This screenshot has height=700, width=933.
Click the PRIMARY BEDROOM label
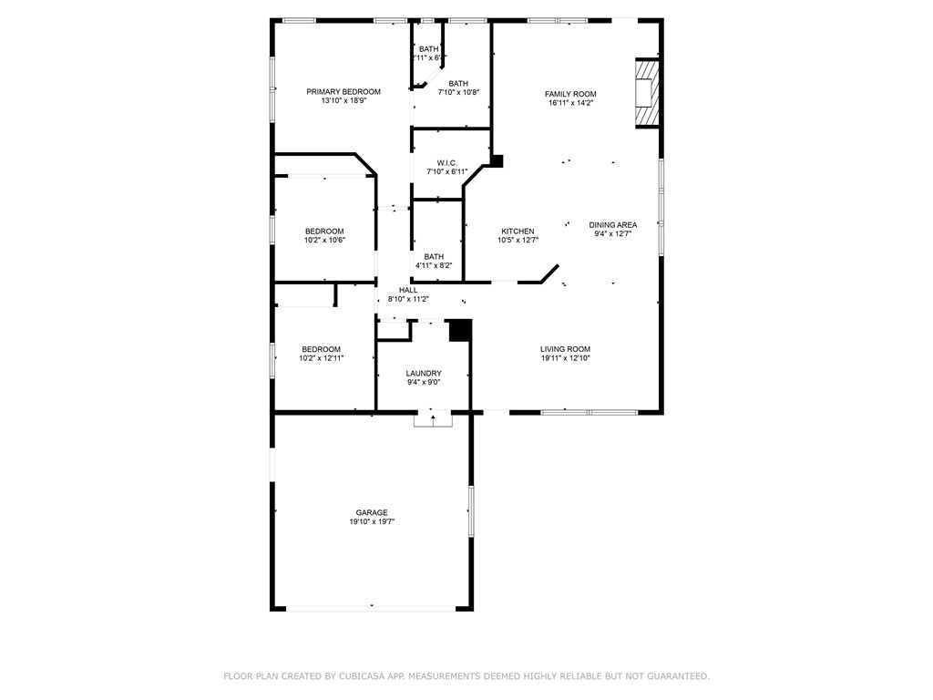point(343,91)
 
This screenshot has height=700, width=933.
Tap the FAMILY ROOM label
point(570,94)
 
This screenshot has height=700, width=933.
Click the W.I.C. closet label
point(446,163)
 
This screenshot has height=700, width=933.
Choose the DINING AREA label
point(612,224)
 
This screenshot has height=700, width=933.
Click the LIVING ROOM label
point(565,349)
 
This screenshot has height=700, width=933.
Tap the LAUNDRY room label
point(424,373)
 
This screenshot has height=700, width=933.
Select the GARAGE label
point(372,512)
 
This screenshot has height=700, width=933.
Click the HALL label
point(408,290)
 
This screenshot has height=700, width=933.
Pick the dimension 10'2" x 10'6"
point(324,240)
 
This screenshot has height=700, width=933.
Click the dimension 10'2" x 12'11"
point(322,358)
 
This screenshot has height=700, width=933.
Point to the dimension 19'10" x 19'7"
point(372,522)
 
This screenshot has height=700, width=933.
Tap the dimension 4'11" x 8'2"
point(434,265)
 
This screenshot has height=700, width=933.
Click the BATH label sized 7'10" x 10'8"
point(458,83)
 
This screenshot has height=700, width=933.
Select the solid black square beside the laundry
point(461,330)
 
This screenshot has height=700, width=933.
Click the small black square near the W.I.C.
point(497,160)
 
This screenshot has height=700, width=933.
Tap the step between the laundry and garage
point(433,419)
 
